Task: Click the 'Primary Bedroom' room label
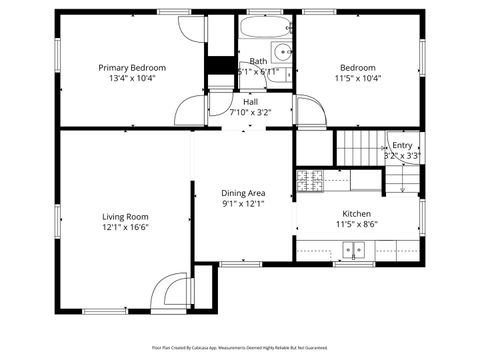pos(132,67)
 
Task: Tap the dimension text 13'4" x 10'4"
pos(132,78)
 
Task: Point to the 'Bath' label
pos(258,61)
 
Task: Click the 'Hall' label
pos(252,101)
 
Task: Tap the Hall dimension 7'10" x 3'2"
pos(252,112)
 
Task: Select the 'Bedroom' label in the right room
pos(357,67)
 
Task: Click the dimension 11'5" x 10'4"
pos(357,78)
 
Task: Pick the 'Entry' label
pos(401,145)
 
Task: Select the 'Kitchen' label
pos(357,214)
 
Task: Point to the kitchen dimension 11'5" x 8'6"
pos(357,225)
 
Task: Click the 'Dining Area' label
pos(243,193)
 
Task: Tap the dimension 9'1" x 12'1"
pos(243,204)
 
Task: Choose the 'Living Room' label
pos(125,216)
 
